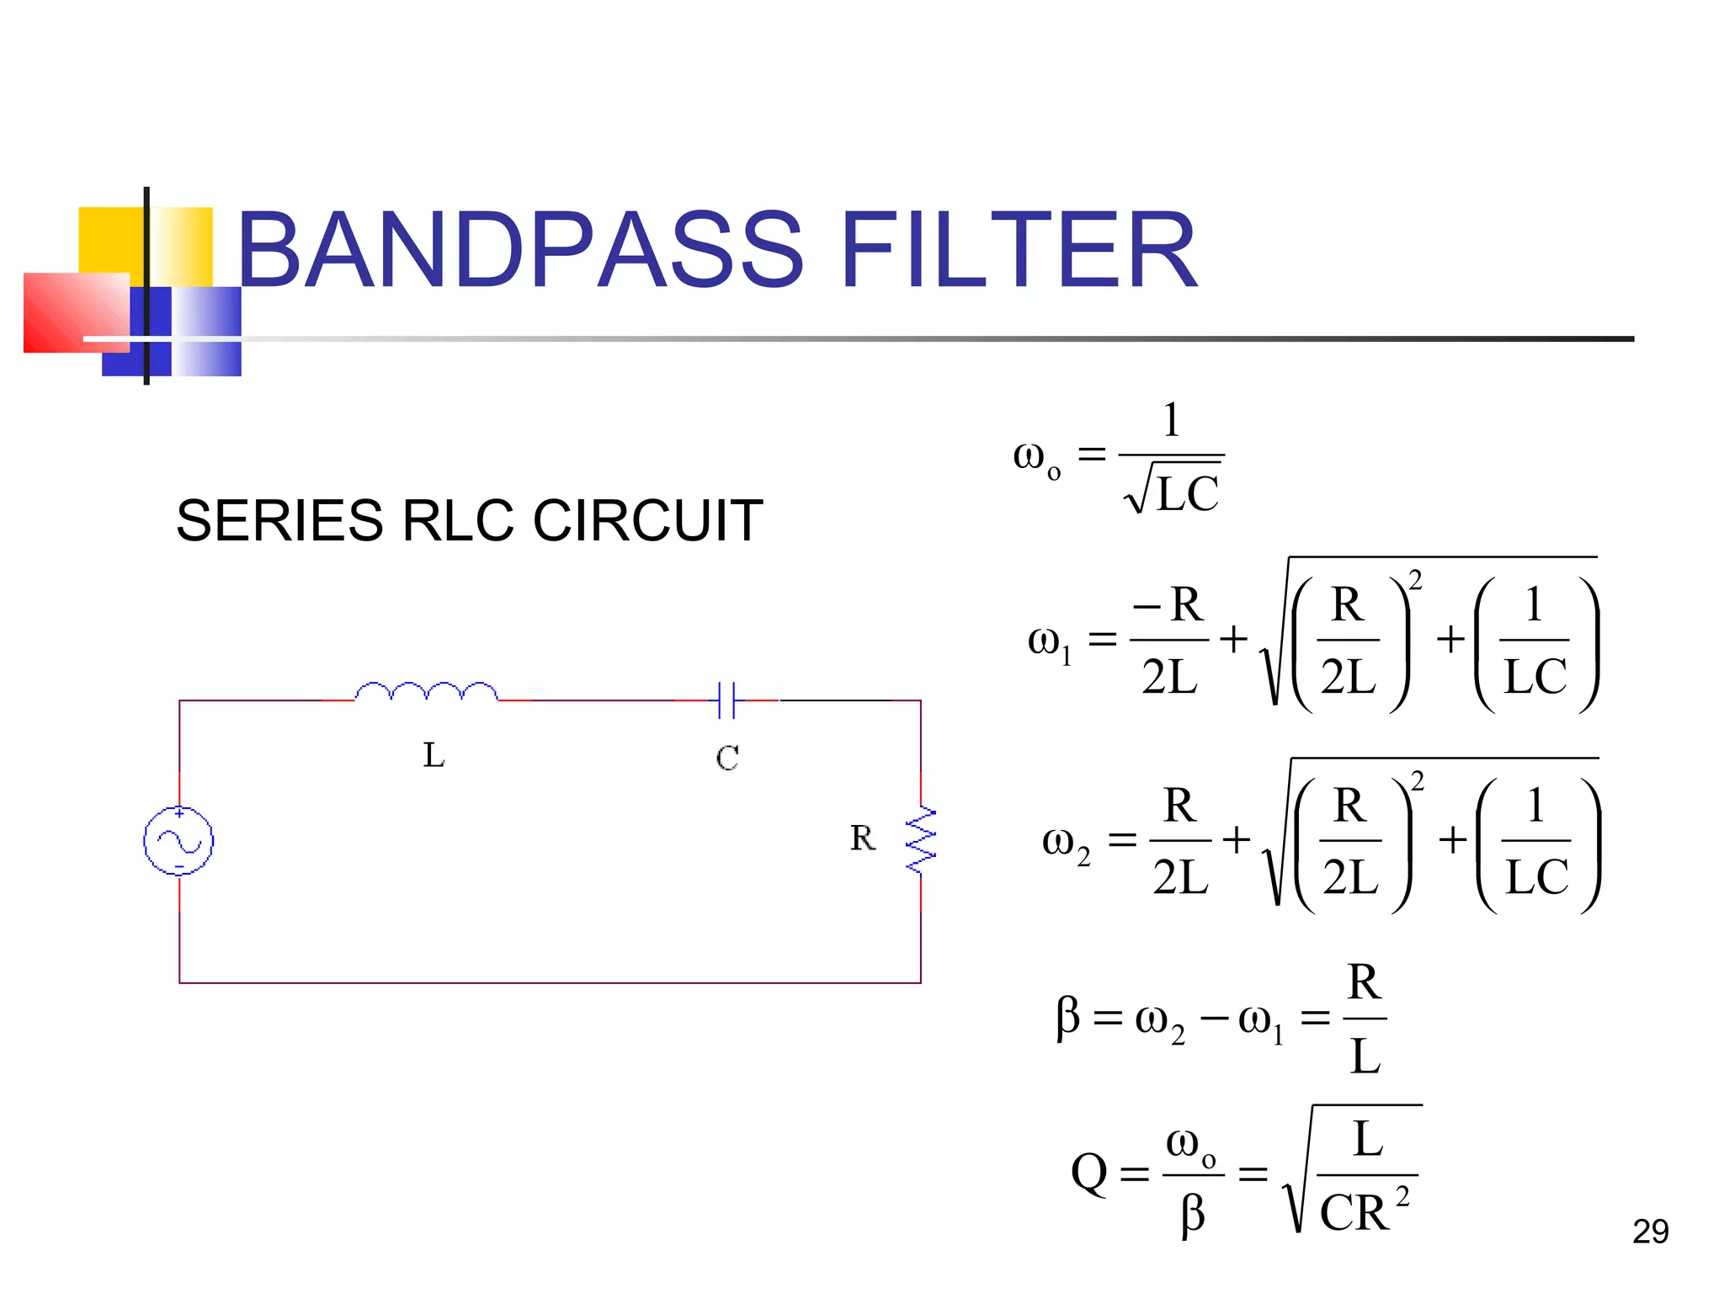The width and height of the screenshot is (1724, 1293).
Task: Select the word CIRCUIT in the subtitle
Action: coord(648,520)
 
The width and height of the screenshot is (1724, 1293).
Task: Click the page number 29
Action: coord(1650,1232)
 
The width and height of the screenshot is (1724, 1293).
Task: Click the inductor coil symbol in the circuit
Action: coord(426,692)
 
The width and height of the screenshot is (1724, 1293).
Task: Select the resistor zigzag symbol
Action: coord(921,840)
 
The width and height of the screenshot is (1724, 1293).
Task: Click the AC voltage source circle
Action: coord(178,840)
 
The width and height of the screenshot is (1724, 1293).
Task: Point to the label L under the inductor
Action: coord(434,755)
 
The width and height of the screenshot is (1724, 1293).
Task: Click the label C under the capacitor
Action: coord(727,758)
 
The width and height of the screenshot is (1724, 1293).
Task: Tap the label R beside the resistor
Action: coord(862,838)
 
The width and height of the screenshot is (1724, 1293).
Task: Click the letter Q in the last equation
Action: coord(1088,1172)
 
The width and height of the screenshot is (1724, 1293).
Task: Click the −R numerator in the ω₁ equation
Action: coord(1169,604)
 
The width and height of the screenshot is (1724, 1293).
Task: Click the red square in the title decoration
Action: coord(76,312)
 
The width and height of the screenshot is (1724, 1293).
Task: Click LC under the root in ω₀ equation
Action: coord(1187,494)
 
